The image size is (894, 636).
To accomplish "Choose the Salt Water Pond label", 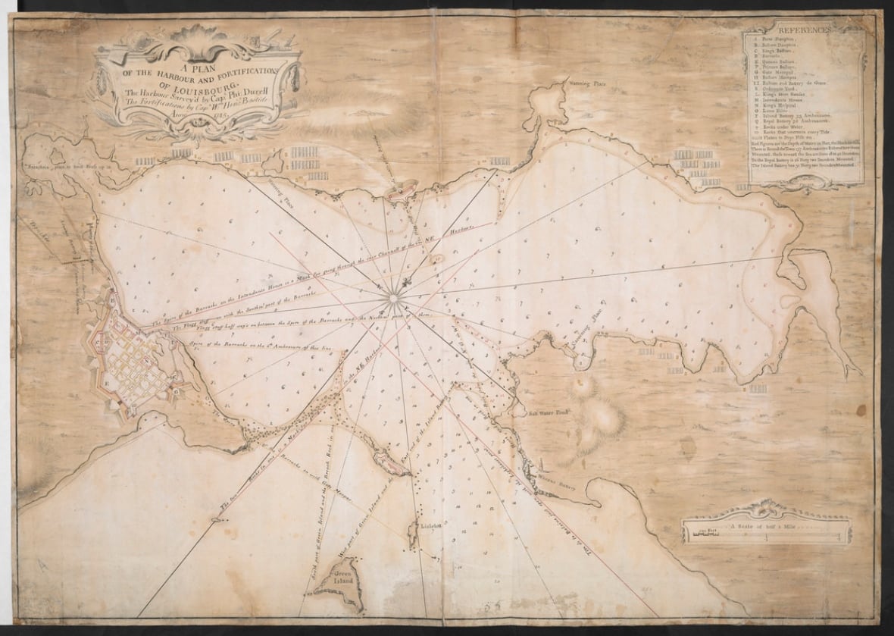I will click(x=545, y=414).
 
